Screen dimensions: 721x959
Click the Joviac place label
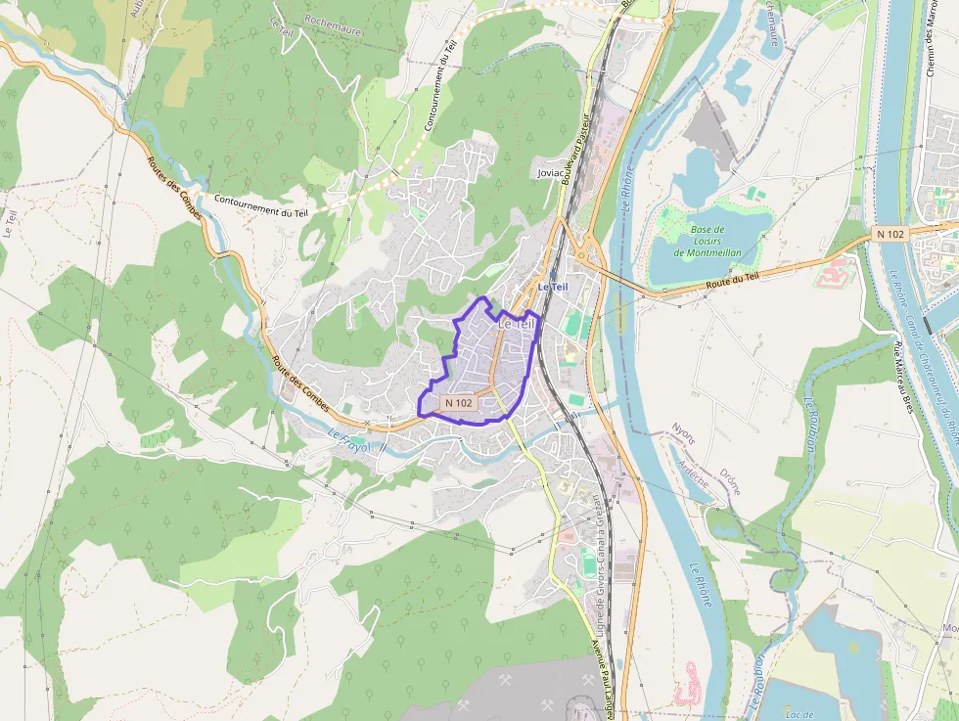(551, 173)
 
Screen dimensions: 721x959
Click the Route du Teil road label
(732, 283)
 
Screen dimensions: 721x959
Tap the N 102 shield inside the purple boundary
(458, 402)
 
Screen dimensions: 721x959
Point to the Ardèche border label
(695, 474)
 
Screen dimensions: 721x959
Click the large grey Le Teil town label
(517, 323)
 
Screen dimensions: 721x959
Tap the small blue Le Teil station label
(552, 287)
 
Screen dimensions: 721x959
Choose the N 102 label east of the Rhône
(891, 234)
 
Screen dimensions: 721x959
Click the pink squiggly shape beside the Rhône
(687, 684)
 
